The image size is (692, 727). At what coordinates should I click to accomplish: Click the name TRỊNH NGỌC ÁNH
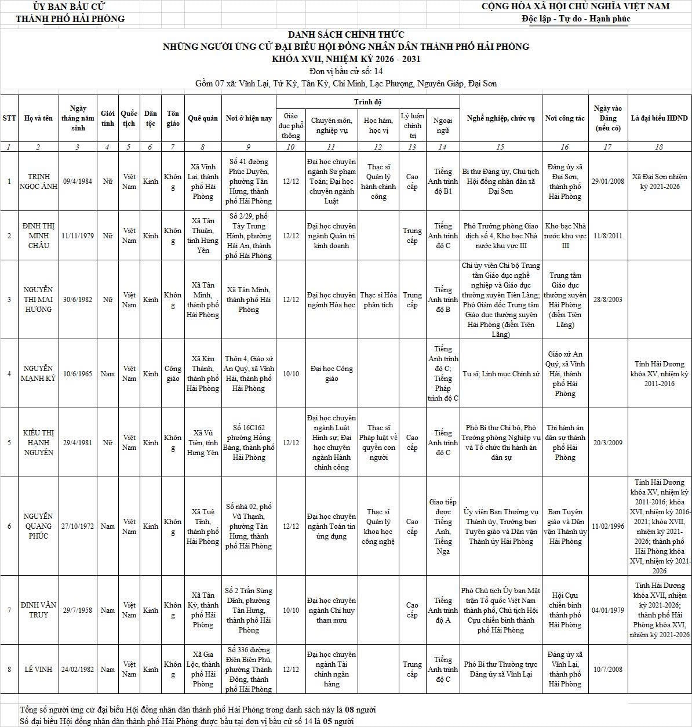[x=38, y=181]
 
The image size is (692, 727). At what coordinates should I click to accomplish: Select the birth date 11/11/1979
[x=78, y=236]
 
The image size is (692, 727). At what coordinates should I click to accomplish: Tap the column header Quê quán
[x=203, y=118]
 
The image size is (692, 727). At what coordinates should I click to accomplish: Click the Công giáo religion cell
[x=173, y=374]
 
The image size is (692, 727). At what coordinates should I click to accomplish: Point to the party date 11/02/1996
[x=607, y=526]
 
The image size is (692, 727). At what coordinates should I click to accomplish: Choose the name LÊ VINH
[x=38, y=670]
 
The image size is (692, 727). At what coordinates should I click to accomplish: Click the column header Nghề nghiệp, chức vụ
[x=501, y=118]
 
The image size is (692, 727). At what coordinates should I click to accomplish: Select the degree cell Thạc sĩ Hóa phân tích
[x=378, y=300]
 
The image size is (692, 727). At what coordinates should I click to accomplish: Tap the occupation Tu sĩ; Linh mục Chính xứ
[x=501, y=374]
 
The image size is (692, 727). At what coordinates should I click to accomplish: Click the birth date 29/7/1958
[x=78, y=610]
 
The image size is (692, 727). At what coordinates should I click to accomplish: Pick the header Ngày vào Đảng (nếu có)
[x=607, y=118]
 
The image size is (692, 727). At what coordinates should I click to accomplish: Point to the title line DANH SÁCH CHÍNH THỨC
[x=346, y=35]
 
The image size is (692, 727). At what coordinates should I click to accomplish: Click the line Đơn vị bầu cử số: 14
[x=346, y=71]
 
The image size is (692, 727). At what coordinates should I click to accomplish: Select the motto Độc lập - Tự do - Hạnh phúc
[x=576, y=19]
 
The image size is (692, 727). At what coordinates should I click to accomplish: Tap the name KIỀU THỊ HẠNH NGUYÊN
[x=38, y=443]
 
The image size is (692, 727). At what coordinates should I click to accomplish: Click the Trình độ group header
[x=368, y=102]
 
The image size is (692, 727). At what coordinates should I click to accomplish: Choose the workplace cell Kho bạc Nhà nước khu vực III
[x=565, y=236]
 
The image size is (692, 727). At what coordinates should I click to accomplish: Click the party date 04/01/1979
[x=607, y=610]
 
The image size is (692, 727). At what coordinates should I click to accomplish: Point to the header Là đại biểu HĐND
[x=659, y=118]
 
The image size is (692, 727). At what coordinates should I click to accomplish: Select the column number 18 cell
[x=659, y=147]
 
